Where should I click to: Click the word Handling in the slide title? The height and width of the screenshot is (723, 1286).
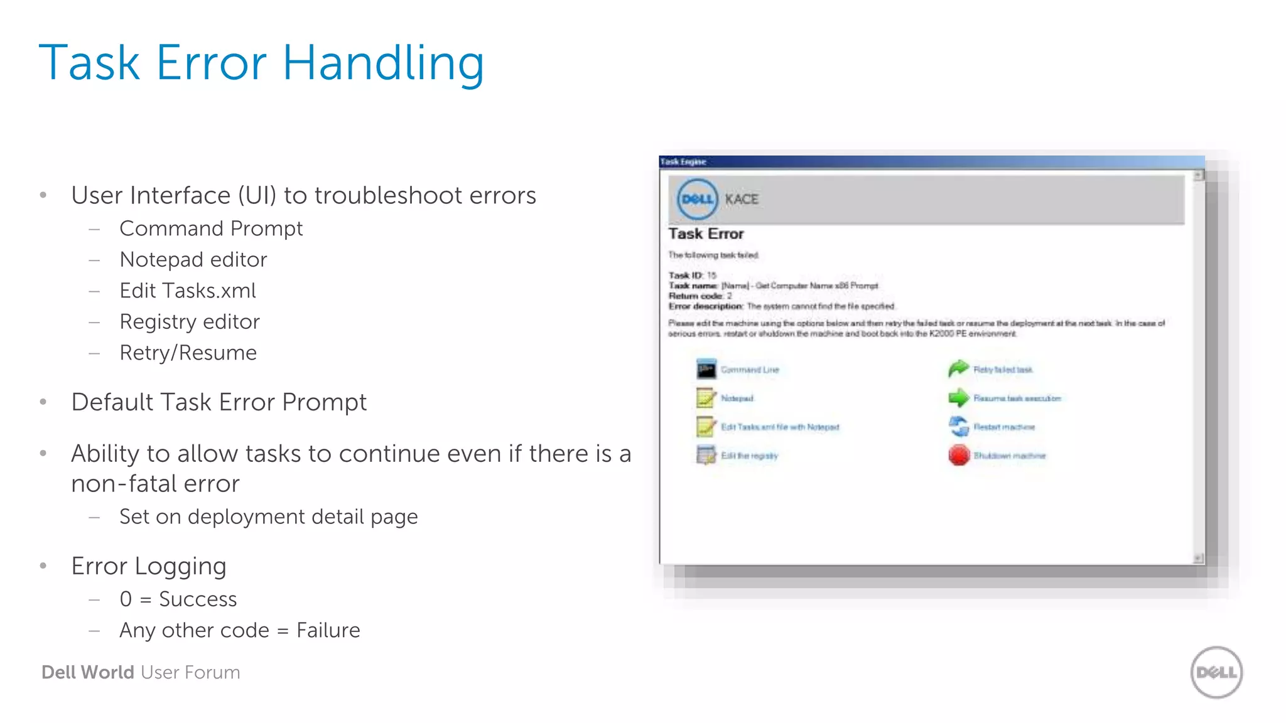point(383,63)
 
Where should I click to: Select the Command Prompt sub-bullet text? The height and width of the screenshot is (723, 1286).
point(211,228)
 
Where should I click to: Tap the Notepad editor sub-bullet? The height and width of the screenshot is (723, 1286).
point(193,259)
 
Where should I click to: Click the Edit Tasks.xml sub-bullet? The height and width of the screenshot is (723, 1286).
point(188,291)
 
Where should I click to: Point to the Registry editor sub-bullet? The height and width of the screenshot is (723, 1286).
point(190,321)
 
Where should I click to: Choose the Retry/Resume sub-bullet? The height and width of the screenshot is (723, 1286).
point(188,353)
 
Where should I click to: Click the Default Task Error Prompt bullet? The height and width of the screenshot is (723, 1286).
point(219,402)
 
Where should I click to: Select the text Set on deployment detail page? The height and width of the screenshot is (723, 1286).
point(268,517)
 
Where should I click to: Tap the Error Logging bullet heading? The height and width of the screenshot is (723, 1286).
point(149,566)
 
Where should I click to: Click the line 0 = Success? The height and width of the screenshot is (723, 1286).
point(178,599)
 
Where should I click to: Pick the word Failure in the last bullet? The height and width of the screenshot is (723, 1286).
point(328,630)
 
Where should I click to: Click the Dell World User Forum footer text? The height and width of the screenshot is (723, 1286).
point(141,672)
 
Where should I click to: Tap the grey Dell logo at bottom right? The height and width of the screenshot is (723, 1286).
point(1216,672)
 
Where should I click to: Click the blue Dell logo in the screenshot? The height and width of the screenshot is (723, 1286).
point(697,199)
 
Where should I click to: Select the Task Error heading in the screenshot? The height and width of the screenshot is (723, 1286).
point(706,233)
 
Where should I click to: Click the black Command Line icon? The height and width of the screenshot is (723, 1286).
point(706,369)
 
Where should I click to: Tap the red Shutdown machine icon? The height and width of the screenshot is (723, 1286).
point(959,455)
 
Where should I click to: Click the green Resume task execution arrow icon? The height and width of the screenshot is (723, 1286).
point(959,397)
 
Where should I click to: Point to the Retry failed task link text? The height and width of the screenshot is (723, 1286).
point(1003,370)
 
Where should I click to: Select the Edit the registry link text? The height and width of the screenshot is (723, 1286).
point(749,456)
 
